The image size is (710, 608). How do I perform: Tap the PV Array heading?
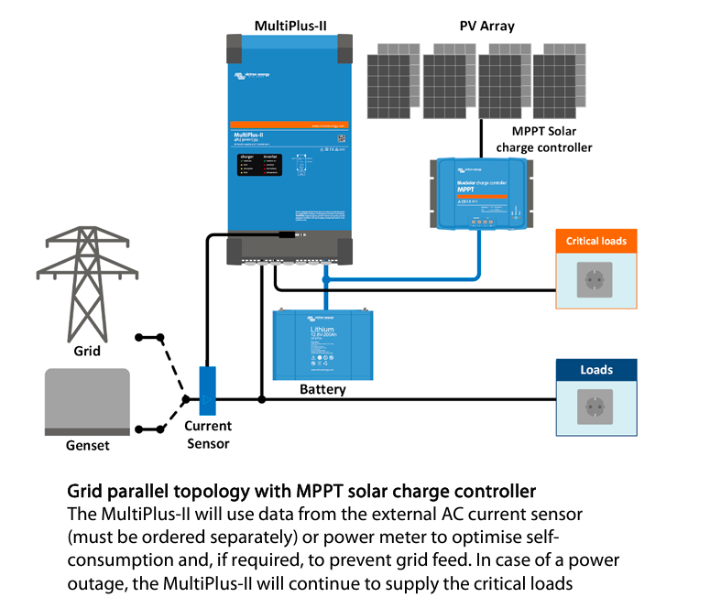pyautogui.click(x=486, y=26)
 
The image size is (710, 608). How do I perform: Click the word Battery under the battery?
pyautogui.click(x=322, y=389)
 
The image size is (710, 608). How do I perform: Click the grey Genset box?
pyautogui.click(x=87, y=401)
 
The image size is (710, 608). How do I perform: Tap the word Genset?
pyautogui.click(x=88, y=446)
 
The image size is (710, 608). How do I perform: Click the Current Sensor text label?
pyautogui.click(x=208, y=435)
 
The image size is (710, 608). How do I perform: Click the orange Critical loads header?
pyautogui.click(x=596, y=242)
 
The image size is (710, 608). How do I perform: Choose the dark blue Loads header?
pyautogui.click(x=596, y=371)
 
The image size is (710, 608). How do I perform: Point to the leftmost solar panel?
pyautogui.click(x=393, y=83)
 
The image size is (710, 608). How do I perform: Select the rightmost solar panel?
pyautogui.click(x=560, y=83)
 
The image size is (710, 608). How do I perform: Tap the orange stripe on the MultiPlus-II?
pyautogui.click(x=289, y=124)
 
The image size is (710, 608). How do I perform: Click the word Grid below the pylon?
pyautogui.click(x=87, y=350)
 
